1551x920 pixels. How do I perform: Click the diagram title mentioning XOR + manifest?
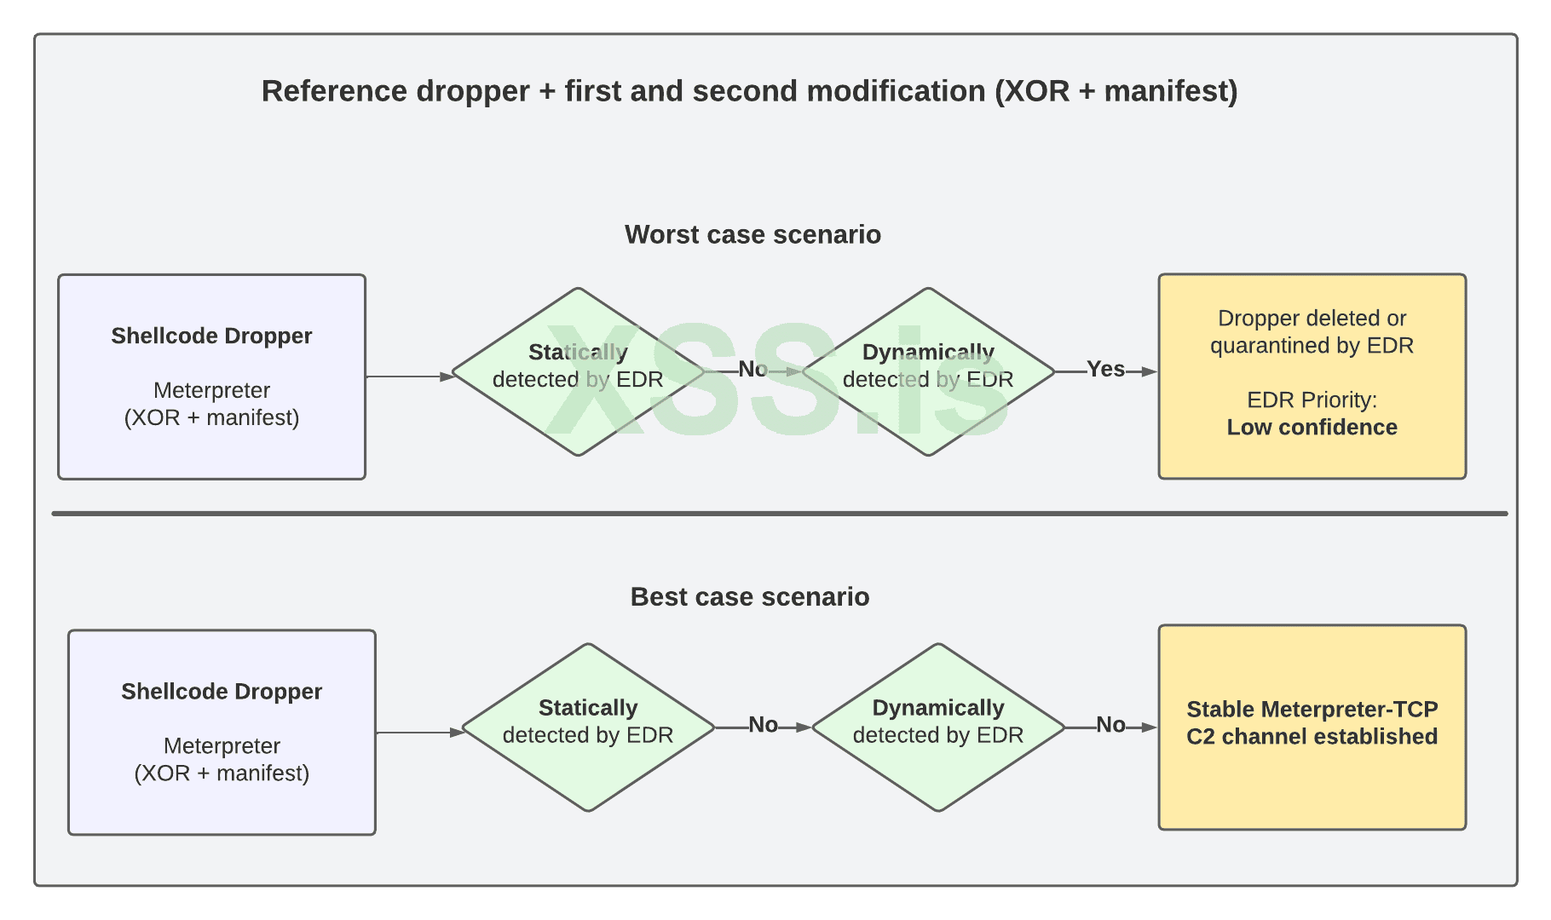pos(749,91)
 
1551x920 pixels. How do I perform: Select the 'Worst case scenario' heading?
pos(752,234)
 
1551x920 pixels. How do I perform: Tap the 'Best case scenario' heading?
pos(749,596)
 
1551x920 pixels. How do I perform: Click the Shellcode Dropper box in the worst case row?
pos(211,377)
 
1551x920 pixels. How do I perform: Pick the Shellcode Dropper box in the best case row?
pos(222,733)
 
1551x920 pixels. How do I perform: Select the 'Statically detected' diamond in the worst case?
pos(578,371)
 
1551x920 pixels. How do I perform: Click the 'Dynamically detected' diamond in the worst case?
pos(928,371)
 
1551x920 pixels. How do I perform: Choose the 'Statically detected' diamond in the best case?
pos(588,727)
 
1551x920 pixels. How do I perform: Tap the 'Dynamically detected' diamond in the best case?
pos(937,727)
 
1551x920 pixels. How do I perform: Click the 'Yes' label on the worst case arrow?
pos(1105,369)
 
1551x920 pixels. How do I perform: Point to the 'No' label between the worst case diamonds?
pos(752,369)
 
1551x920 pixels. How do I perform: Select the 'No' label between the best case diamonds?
pos(763,725)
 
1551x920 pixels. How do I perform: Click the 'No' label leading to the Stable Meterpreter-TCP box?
pos(1110,725)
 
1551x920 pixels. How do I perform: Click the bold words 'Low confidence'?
pos(1312,428)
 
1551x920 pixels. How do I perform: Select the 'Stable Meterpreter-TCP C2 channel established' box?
pos(1312,727)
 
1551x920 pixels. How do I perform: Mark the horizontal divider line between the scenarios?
pos(779,514)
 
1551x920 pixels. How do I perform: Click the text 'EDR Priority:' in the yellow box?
pos(1312,400)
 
